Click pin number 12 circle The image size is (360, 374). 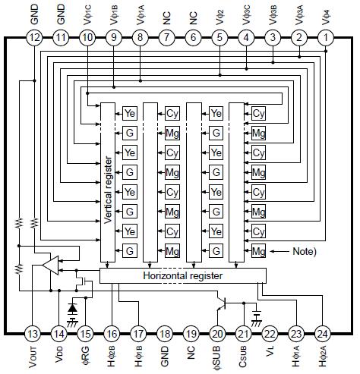click(x=33, y=37)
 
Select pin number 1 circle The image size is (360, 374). click(x=326, y=37)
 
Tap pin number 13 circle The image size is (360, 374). click(x=33, y=333)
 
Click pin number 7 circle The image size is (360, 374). click(x=166, y=37)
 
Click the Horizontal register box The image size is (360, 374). click(x=183, y=275)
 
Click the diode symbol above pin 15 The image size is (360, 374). click(x=73, y=308)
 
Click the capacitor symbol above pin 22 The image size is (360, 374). click(x=255, y=313)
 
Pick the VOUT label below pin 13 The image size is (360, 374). click(x=33, y=357)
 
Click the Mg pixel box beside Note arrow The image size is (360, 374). click(x=259, y=250)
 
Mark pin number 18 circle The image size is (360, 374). click(x=166, y=333)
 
